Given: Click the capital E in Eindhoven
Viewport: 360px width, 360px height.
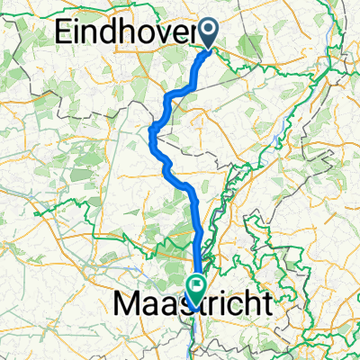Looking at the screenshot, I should [65, 32].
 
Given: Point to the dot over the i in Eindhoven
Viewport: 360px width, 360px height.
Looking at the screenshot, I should [79, 23].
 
